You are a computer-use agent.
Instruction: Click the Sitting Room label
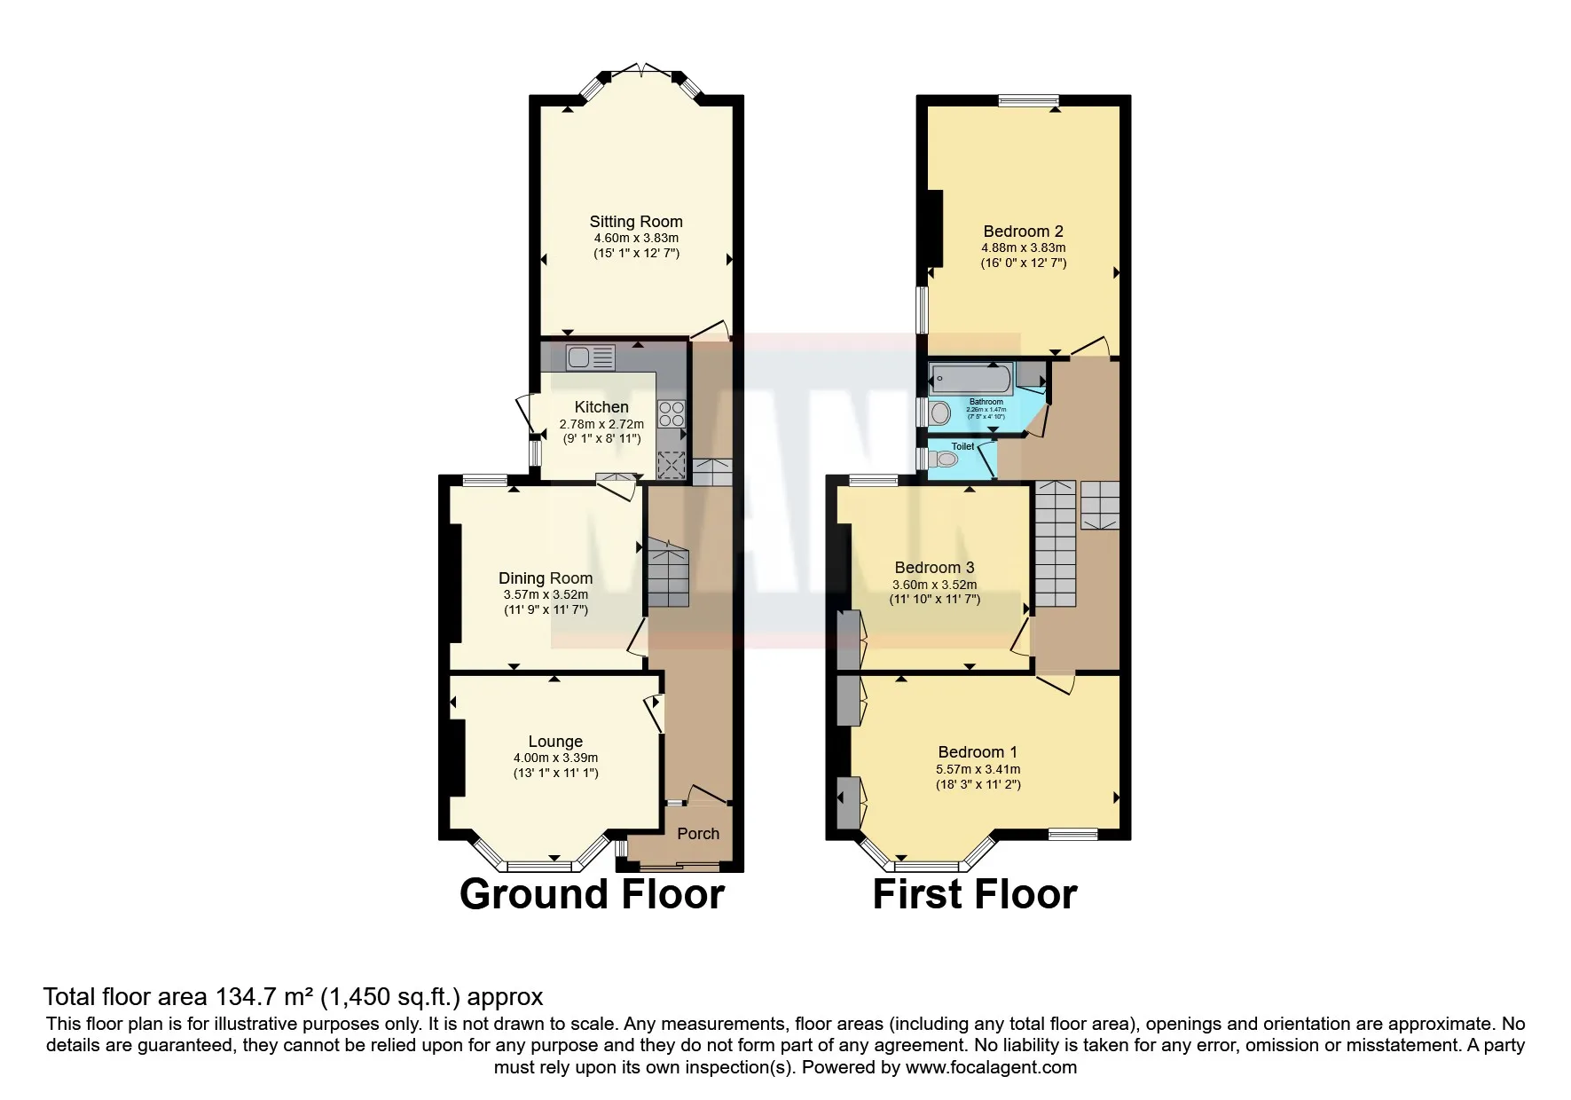point(636,222)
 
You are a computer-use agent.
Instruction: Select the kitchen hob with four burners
point(671,414)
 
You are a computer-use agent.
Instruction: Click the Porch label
point(698,834)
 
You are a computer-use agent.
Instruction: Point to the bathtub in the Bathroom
point(970,380)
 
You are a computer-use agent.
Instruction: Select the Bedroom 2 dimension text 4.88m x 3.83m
point(1023,247)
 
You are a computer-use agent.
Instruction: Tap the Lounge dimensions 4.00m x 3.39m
point(555,758)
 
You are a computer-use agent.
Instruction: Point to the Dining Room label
point(545,578)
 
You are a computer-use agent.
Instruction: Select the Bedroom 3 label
point(934,568)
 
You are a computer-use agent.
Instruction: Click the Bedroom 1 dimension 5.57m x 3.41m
point(978,769)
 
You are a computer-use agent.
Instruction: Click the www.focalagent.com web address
point(991,1067)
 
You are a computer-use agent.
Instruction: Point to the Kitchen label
point(601,407)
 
